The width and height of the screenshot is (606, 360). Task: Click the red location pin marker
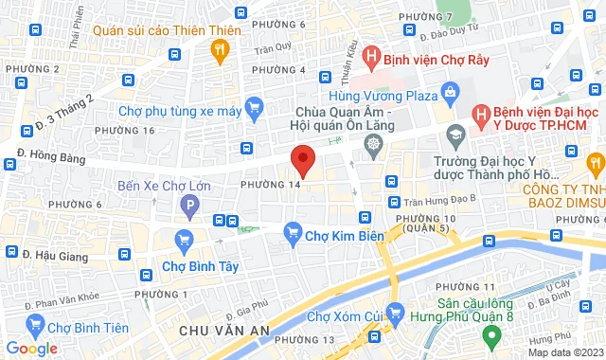pyautogui.click(x=302, y=159)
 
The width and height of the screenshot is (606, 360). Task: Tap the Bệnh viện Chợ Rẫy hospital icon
pyautogui.click(x=369, y=58)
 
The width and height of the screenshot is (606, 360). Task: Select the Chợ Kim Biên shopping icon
pyautogui.click(x=293, y=230)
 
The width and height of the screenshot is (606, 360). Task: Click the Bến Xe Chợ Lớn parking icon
pyautogui.click(x=191, y=203)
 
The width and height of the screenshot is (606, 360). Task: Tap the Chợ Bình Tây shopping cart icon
pyautogui.click(x=185, y=241)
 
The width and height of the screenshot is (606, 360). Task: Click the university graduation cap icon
pyautogui.click(x=455, y=134)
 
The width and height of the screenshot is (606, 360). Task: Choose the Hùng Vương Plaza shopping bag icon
pyautogui.click(x=450, y=96)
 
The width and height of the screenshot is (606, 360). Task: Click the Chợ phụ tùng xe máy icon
pyautogui.click(x=253, y=111)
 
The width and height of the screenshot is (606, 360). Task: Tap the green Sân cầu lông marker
pyautogui.click(x=490, y=335)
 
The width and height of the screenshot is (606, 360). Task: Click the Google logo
pyautogui.click(x=32, y=349)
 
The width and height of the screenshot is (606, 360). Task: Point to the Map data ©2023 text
pyautogui.click(x=565, y=352)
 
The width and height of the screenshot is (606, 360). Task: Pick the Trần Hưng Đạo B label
pyautogui.click(x=437, y=201)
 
